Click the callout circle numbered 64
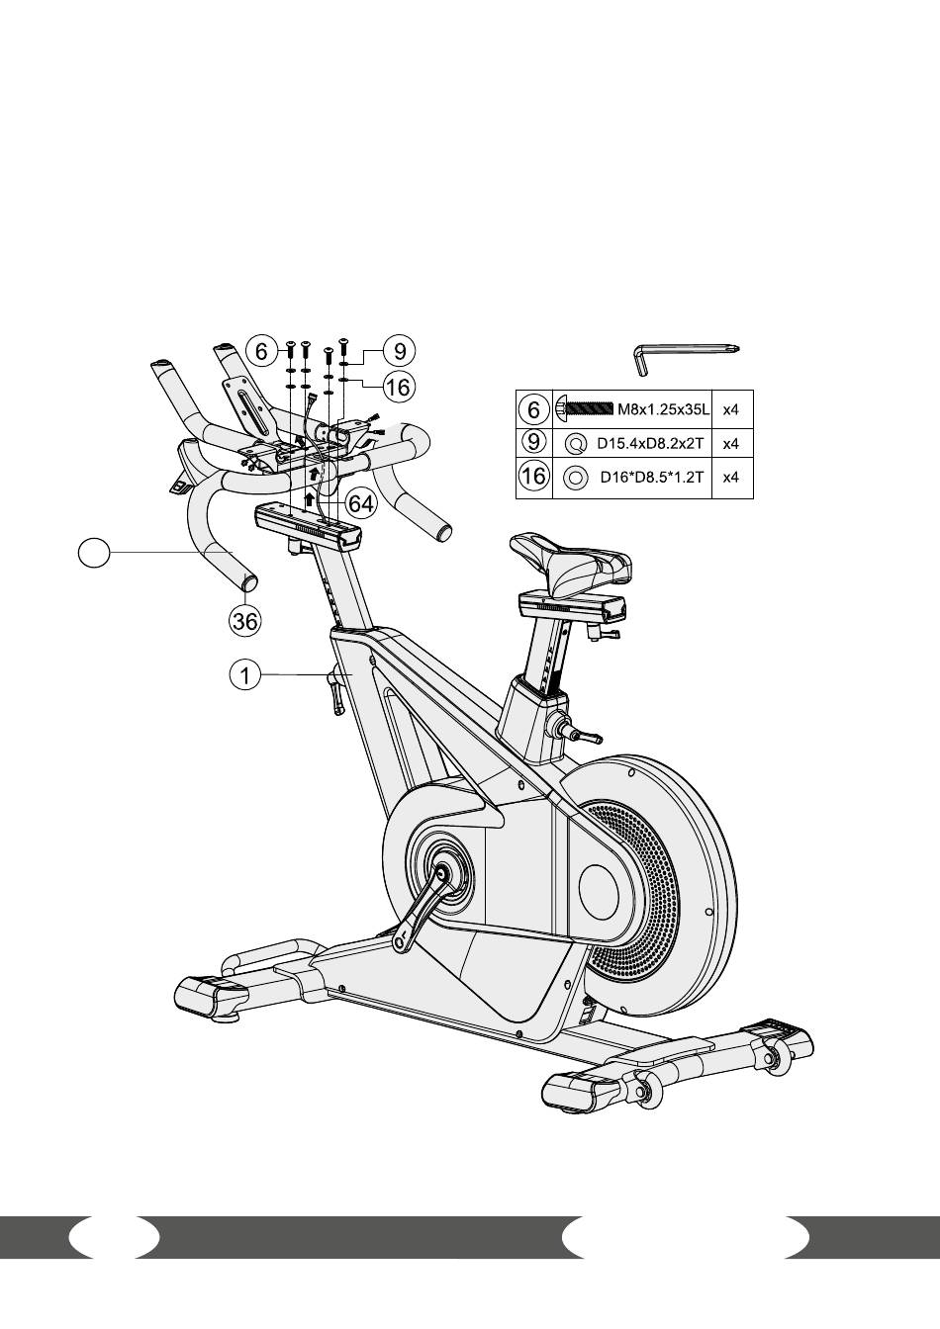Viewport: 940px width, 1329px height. [x=361, y=503]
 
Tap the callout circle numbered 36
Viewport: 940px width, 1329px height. [x=245, y=621]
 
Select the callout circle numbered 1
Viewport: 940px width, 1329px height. [x=245, y=674]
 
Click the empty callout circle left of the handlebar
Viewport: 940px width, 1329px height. [x=94, y=553]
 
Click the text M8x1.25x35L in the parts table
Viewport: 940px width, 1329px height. [x=663, y=409]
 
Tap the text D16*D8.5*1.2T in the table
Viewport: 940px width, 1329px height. [x=652, y=477]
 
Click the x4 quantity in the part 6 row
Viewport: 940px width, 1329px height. [x=730, y=409]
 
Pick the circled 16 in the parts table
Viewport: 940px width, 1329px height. [x=533, y=477]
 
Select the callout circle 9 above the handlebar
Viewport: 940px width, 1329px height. [x=400, y=351]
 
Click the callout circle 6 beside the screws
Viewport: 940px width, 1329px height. [x=262, y=351]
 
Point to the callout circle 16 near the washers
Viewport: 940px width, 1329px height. [x=399, y=388]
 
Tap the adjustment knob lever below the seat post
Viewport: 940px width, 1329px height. [x=584, y=735]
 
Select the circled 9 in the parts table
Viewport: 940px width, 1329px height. [x=533, y=443]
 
